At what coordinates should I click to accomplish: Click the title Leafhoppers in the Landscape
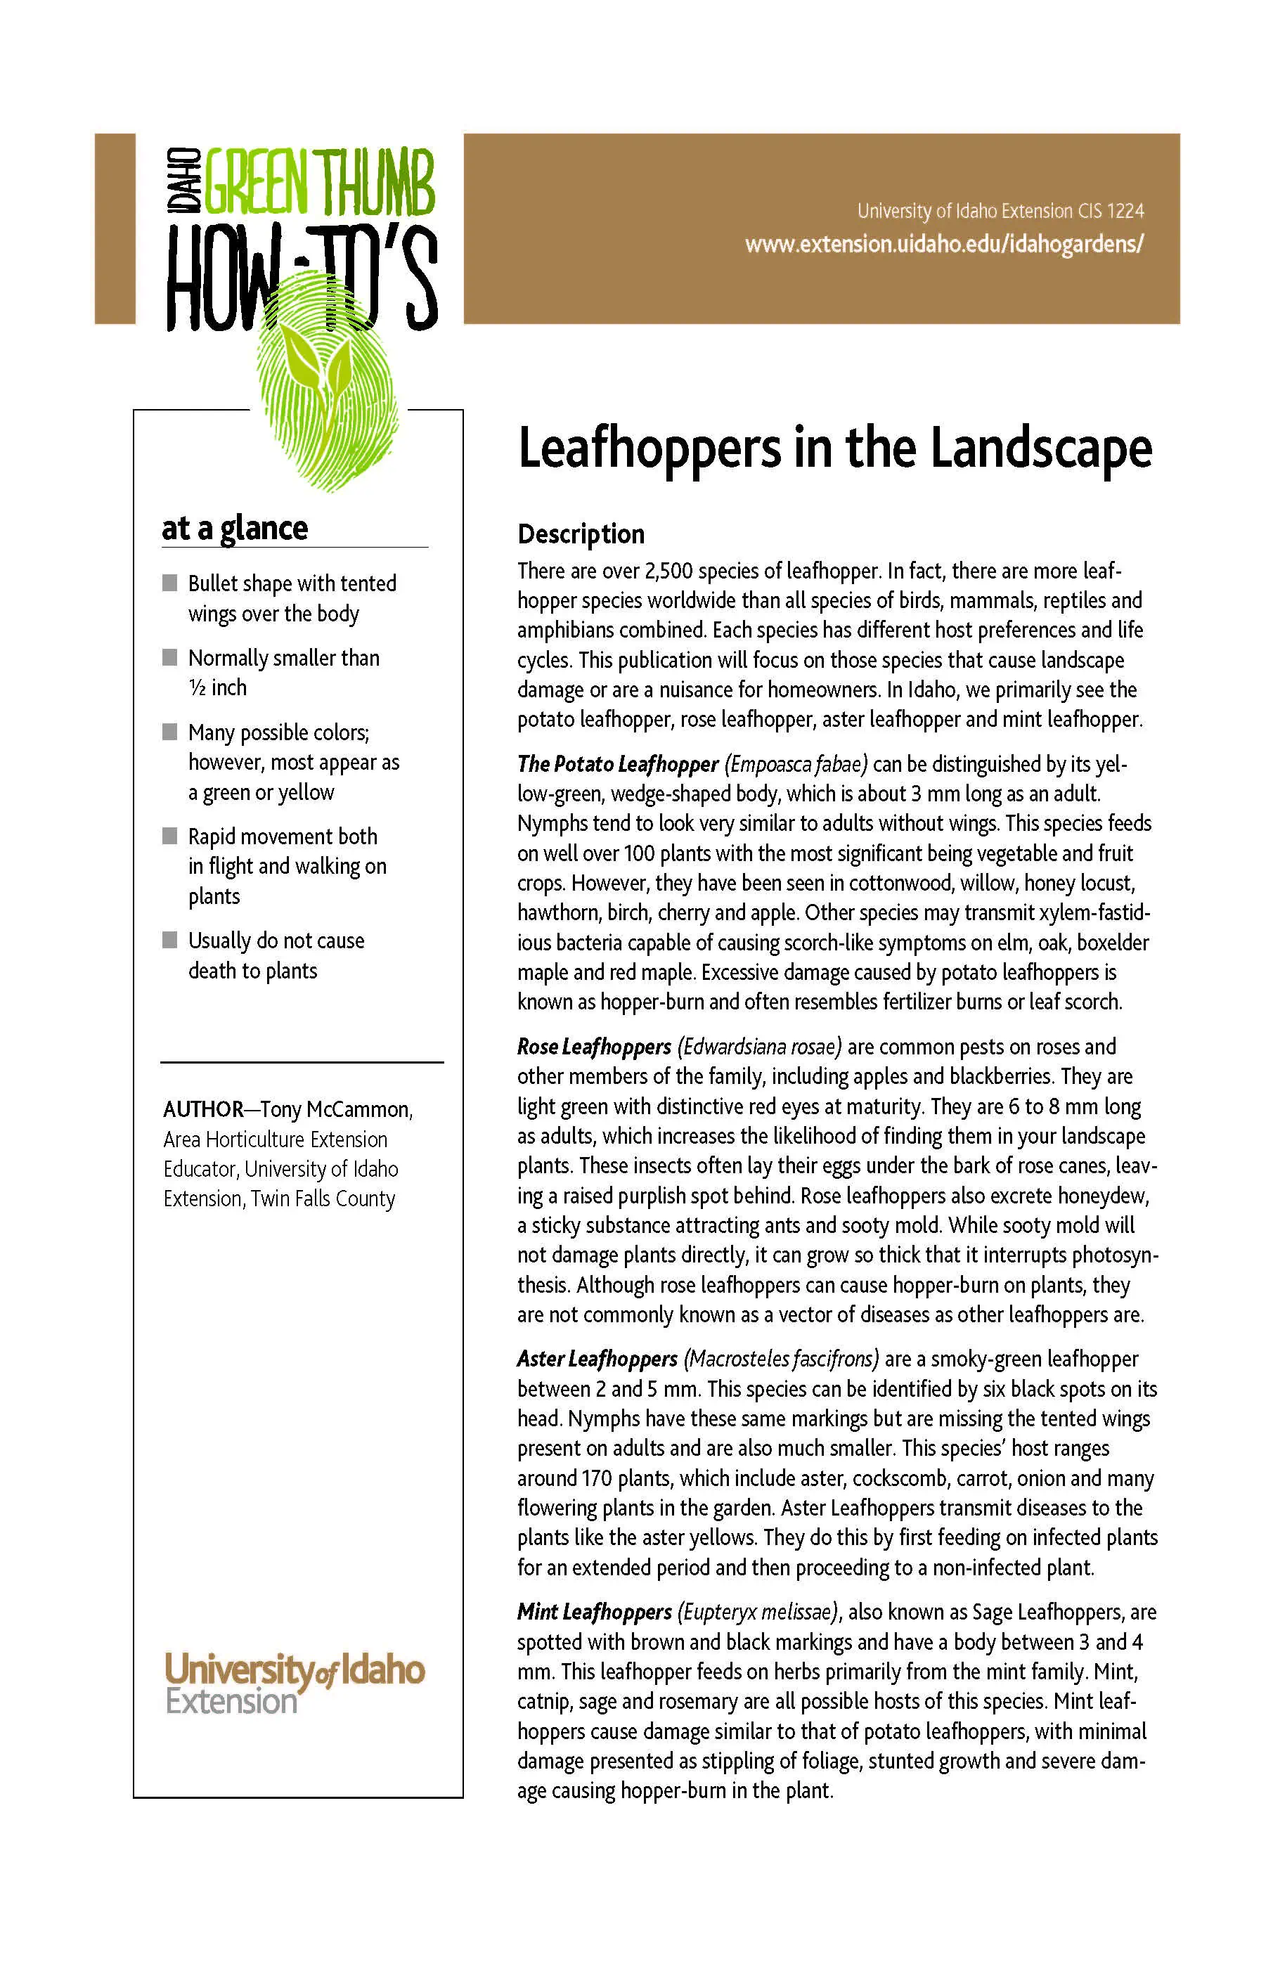834,449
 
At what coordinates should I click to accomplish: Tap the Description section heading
580,534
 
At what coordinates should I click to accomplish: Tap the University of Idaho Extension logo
295,1684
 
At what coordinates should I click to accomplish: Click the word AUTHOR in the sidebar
203,1109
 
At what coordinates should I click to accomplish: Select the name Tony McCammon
336,1109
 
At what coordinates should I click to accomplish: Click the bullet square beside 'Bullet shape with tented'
170,583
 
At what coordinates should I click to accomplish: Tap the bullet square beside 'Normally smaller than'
170,657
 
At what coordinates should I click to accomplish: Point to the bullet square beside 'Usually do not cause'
170,939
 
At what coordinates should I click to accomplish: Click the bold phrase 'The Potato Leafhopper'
617,764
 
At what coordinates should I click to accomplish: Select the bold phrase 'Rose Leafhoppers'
594,1047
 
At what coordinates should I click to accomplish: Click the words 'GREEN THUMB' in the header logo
319,181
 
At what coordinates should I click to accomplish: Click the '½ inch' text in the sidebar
217,687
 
